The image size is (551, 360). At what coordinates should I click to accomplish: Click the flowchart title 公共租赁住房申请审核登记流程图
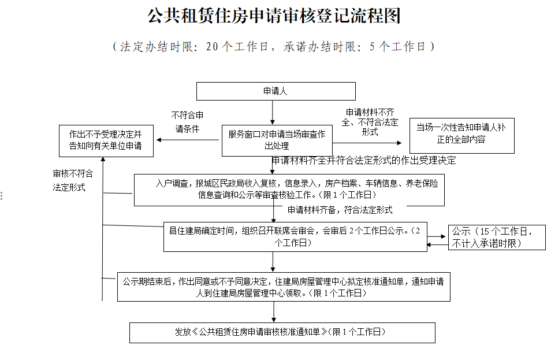(275, 16)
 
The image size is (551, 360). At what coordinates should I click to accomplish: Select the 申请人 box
(275, 91)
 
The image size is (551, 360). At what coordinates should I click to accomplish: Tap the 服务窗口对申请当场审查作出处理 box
(277, 140)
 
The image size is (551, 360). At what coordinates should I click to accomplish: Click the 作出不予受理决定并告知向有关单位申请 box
(106, 140)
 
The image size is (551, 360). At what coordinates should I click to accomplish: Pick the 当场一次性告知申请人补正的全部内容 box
(461, 135)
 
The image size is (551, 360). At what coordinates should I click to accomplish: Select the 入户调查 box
(289, 190)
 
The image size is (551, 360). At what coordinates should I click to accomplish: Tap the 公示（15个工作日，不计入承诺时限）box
(497, 237)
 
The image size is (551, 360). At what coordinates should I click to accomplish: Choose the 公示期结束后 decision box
(283, 287)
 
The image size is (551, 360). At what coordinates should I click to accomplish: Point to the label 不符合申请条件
(187, 122)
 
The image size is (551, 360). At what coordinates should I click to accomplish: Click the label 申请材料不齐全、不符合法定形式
(370, 122)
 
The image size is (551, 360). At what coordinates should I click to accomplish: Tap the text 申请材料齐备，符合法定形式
(340, 210)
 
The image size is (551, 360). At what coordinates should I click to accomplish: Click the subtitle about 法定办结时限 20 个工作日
(275, 47)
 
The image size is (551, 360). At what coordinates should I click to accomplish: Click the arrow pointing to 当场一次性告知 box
(367, 142)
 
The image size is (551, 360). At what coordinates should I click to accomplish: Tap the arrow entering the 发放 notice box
(274, 312)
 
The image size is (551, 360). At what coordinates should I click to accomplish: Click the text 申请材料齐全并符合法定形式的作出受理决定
(364, 161)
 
